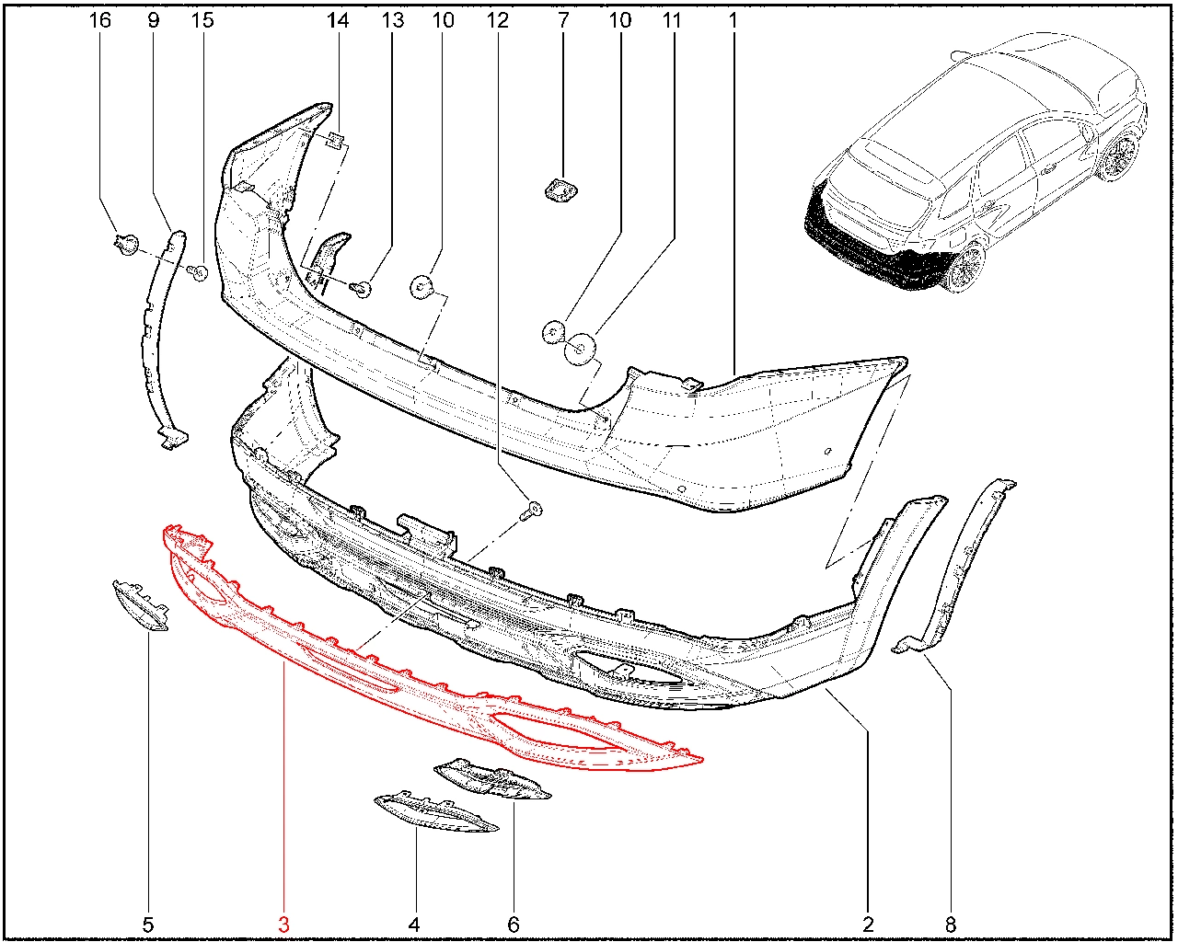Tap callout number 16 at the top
[x=99, y=20]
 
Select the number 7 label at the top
[x=563, y=20]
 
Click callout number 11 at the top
[x=672, y=20]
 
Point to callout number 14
[x=338, y=20]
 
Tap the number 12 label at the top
[x=498, y=20]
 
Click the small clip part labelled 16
[x=127, y=245]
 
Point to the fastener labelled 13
[x=362, y=289]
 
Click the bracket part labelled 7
[x=561, y=190]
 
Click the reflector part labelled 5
[x=140, y=606]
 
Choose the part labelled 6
[x=492, y=781]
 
